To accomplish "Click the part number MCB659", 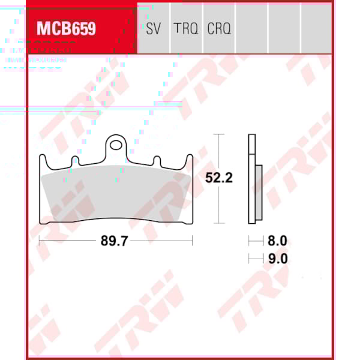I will (x=67, y=28).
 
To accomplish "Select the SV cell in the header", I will (x=153, y=28).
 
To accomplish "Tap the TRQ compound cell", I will (x=185, y=28).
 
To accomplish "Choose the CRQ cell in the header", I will (x=219, y=28).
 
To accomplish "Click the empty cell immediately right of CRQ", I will (x=251, y=28).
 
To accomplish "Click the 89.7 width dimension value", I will (x=115, y=241).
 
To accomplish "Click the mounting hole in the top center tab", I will (x=116, y=144).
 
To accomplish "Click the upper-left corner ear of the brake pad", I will (x=43, y=160).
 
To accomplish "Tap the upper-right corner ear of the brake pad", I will (x=189, y=160).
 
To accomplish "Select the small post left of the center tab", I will (x=75, y=161).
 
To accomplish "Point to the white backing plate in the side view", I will (x=252, y=180).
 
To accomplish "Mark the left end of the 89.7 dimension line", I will (x=39, y=241).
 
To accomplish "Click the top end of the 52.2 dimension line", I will (x=220, y=135).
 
